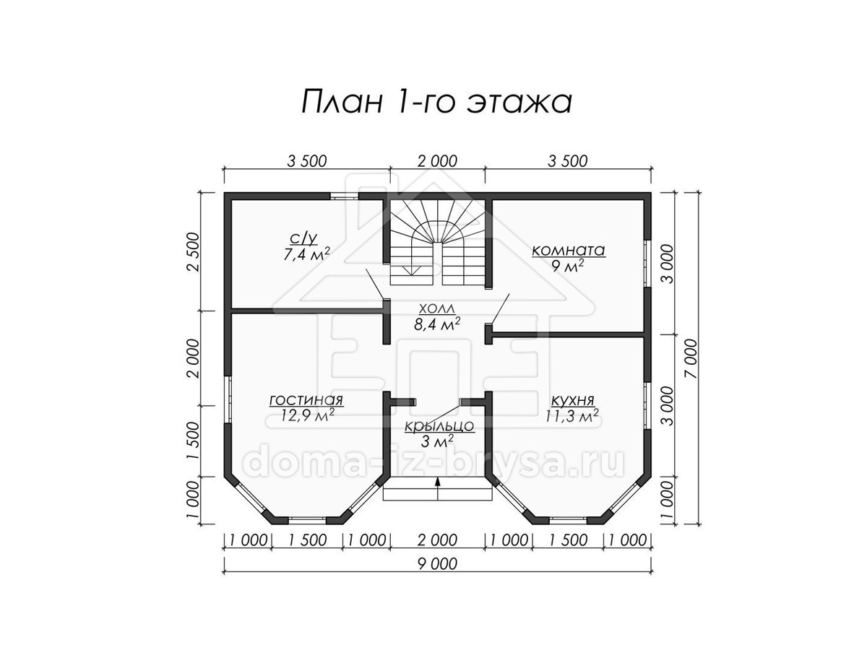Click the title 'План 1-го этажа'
tap(436, 102)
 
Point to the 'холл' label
tap(437, 308)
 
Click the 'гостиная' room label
tap(306, 400)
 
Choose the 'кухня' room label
tap(572, 401)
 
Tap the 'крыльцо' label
tap(439, 426)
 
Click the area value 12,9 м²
tap(308, 415)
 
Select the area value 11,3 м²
tap(572, 415)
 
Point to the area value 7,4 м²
tap(306, 254)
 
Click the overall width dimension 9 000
tap(437, 564)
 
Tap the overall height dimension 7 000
tap(692, 358)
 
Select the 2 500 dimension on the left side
tap(194, 251)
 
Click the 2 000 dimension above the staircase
tap(437, 161)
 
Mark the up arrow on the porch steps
tap(438, 490)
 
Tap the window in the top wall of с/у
tap(345, 196)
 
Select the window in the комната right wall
tap(647, 263)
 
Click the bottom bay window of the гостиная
tap(307, 520)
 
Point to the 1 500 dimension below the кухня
tap(568, 540)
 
